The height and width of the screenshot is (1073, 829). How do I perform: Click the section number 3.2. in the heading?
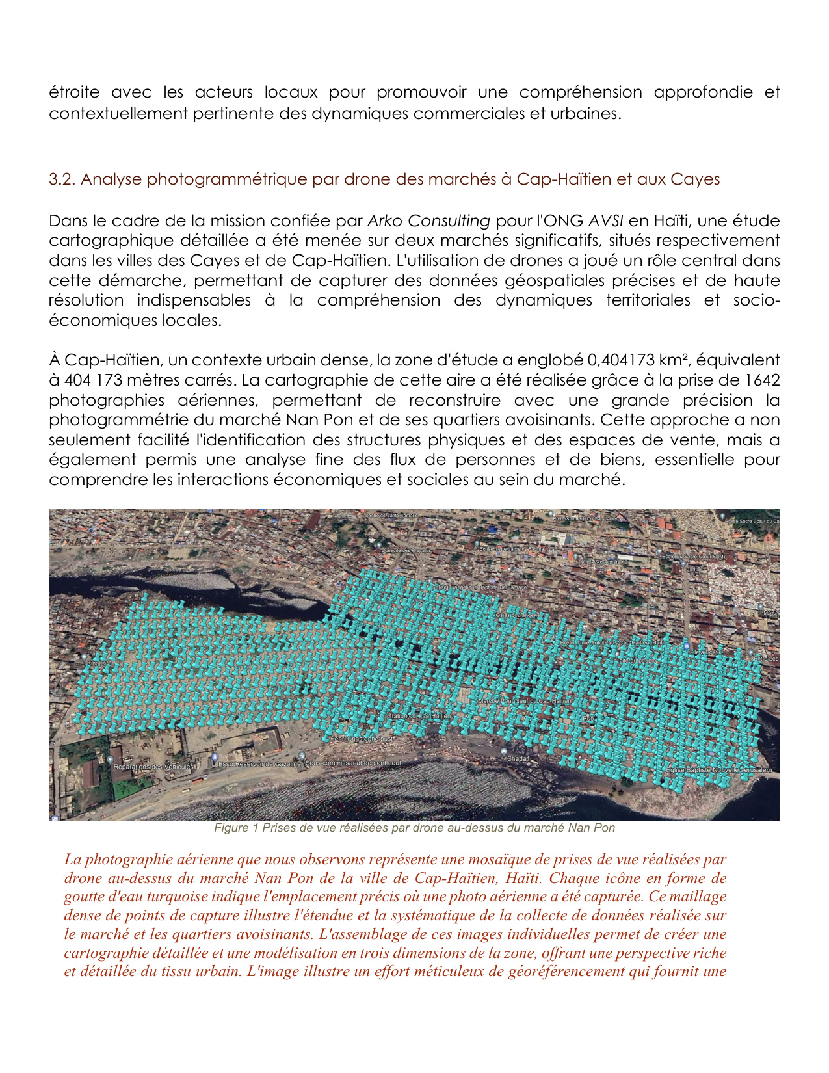tap(62, 179)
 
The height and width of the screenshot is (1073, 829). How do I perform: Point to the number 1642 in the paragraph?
tap(763, 380)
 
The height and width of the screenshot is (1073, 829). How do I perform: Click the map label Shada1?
tap(518, 759)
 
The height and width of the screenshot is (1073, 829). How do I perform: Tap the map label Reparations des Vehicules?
tap(153, 767)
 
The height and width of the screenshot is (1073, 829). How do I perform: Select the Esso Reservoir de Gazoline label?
tap(259, 764)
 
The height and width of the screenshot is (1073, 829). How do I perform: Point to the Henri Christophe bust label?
tap(362, 739)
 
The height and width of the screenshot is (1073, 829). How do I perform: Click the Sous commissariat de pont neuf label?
tap(353, 763)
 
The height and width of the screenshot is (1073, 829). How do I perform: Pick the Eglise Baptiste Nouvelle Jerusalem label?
tap(718, 771)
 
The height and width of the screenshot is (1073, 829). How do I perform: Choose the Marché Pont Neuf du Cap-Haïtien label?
tap(524, 702)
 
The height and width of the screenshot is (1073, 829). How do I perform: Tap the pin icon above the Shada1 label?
tap(505, 751)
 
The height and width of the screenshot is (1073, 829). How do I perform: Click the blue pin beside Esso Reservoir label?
tap(215, 758)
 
